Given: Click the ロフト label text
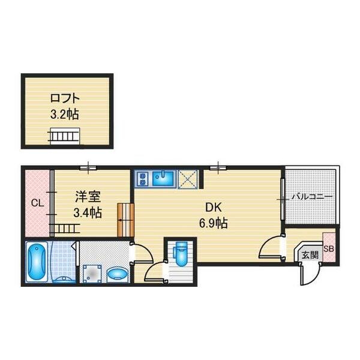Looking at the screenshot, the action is pyautogui.click(x=65, y=98).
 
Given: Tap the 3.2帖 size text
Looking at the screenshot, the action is pyautogui.click(x=65, y=114).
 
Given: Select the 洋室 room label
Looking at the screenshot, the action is pyautogui.click(x=88, y=197).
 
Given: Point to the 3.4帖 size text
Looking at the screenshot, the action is pyautogui.click(x=88, y=212).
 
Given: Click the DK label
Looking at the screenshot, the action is pyautogui.click(x=213, y=208).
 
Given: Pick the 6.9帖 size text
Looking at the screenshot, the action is pyautogui.click(x=213, y=223).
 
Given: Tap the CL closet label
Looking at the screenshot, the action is pyautogui.click(x=37, y=203).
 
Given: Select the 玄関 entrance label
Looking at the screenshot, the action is pyautogui.click(x=310, y=255).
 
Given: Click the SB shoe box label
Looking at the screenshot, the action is pyautogui.click(x=329, y=249).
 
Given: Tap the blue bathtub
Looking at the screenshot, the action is pyautogui.click(x=37, y=262).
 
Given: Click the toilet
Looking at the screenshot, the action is pyautogui.click(x=181, y=253).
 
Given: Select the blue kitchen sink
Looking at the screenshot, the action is pyautogui.click(x=163, y=178).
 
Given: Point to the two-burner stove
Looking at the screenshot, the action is pyautogui.click(x=143, y=179).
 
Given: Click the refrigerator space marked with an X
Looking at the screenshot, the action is pyautogui.click(x=188, y=179).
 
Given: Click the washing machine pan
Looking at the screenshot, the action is pyautogui.click(x=92, y=274).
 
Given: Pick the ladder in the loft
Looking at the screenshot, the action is pyautogui.click(x=64, y=136).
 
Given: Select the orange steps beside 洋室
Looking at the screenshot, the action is pyautogui.click(x=125, y=220).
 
